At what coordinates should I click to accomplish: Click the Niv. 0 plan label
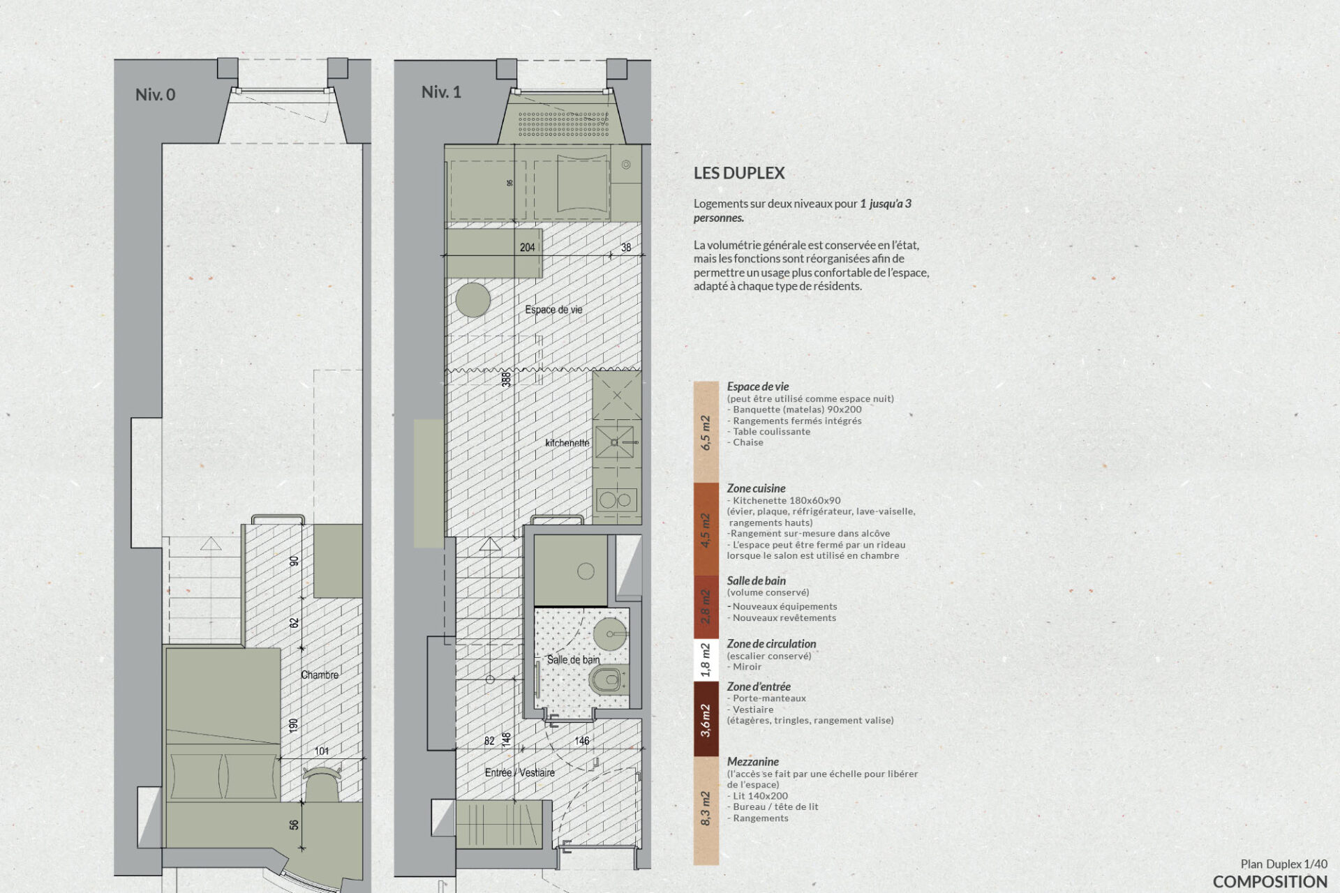pyautogui.click(x=155, y=94)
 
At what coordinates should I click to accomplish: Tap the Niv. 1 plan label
pyautogui.click(x=441, y=92)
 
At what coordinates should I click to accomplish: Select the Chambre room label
pyautogui.click(x=320, y=675)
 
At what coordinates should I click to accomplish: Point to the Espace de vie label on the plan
pyautogui.click(x=553, y=310)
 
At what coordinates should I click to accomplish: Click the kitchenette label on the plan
pyautogui.click(x=567, y=443)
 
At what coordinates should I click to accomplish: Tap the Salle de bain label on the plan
pyautogui.click(x=573, y=659)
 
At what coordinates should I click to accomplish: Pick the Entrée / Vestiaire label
pyautogui.click(x=520, y=772)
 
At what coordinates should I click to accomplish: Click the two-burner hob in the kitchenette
pyautogui.click(x=616, y=500)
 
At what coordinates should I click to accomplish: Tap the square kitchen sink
pyautogui.click(x=615, y=442)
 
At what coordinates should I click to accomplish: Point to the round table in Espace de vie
pyautogui.click(x=473, y=300)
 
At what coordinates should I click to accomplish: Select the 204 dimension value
pyautogui.click(x=528, y=247)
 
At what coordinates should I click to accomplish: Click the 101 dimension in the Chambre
pyautogui.click(x=322, y=751)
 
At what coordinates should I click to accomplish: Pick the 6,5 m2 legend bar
pyautogui.click(x=706, y=432)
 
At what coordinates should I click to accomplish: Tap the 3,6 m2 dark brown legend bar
pyautogui.click(x=706, y=719)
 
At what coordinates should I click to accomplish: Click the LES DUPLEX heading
pyautogui.click(x=739, y=173)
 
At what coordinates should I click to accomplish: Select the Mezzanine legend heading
pyautogui.click(x=753, y=761)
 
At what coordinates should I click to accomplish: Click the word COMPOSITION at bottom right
pyautogui.click(x=1270, y=881)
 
